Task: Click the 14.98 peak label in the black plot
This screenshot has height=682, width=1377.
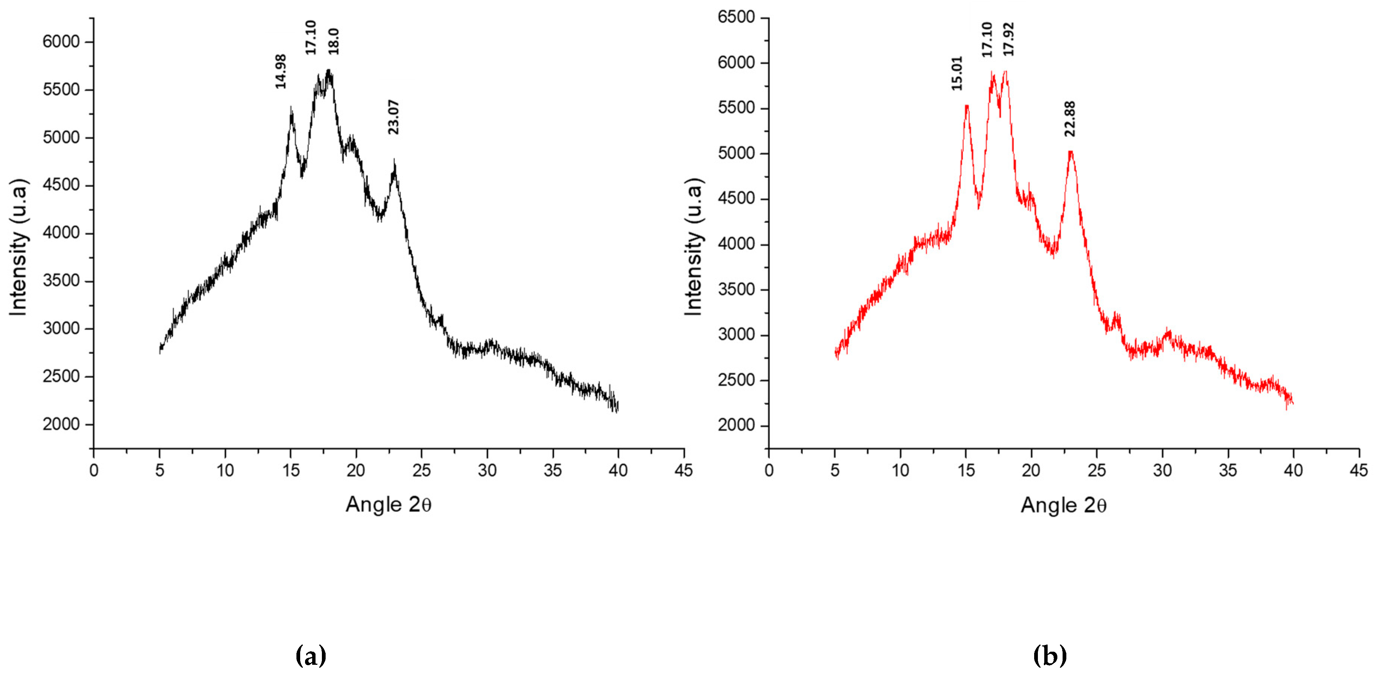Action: coord(281,71)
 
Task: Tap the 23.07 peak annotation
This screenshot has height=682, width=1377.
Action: coord(393,117)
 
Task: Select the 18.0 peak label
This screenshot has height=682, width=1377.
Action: coord(333,41)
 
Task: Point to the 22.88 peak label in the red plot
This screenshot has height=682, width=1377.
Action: coord(1070,119)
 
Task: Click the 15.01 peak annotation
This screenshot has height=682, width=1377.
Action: coord(956,73)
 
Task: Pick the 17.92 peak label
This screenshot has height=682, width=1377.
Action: coord(1008,39)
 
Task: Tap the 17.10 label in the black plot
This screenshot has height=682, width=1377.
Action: coord(311,37)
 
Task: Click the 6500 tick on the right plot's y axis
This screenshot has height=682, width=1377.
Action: coord(736,17)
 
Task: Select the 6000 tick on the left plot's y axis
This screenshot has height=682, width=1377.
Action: coord(61,42)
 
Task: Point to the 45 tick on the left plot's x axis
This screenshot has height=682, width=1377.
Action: coord(684,471)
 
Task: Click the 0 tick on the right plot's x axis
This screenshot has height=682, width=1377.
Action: coord(769,471)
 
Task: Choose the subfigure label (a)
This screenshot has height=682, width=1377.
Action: coord(311,655)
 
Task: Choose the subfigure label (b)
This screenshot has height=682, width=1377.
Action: coord(1050,655)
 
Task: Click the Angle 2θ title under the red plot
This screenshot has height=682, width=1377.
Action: coord(1063,505)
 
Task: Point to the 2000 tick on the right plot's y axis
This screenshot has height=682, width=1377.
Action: coord(736,426)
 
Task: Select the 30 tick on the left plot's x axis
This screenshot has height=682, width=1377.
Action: coord(487,471)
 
